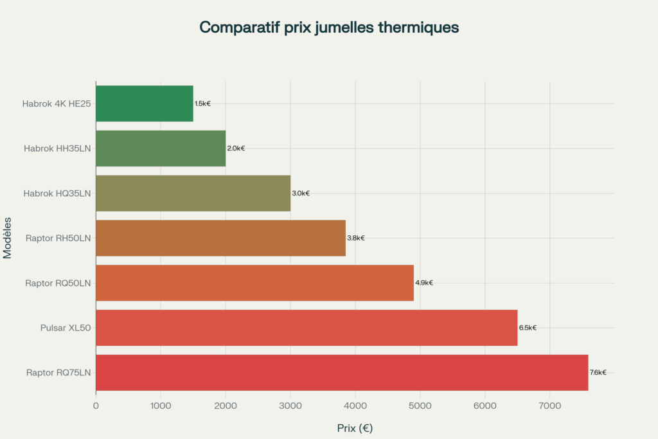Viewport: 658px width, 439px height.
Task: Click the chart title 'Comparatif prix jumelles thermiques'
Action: click(x=329, y=27)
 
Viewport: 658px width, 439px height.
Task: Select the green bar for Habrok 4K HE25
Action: click(x=145, y=103)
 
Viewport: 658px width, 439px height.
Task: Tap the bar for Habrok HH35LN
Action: click(x=161, y=148)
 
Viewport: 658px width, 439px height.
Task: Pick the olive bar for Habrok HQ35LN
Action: click(x=193, y=193)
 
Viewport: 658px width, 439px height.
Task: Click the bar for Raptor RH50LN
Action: click(x=220, y=238)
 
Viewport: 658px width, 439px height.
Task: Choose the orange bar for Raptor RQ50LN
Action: click(x=254, y=283)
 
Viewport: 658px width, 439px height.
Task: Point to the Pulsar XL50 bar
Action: click(x=307, y=328)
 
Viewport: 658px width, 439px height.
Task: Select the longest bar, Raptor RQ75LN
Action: click(x=342, y=372)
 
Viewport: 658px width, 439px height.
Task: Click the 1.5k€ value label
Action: click(x=203, y=103)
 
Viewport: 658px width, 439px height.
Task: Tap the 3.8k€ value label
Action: click(x=356, y=238)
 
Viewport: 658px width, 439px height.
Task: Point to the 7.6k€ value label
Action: click(x=598, y=372)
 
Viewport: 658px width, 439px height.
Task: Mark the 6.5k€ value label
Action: click(x=528, y=328)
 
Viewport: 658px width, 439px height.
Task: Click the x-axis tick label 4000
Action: click(x=355, y=406)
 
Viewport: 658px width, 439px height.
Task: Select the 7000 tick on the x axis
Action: click(x=549, y=406)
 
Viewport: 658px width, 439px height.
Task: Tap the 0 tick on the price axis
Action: click(x=96, y=406)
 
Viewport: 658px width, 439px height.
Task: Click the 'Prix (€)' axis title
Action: click(x=355, y=427)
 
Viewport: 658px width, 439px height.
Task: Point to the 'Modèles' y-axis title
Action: click(x=8, y=238)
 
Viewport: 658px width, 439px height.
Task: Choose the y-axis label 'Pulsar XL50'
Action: click(x=66, y=328)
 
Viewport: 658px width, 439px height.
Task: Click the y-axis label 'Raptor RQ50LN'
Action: click(x=58, y=283)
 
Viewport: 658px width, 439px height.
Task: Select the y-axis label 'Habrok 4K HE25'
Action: click(x=57, y=103)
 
